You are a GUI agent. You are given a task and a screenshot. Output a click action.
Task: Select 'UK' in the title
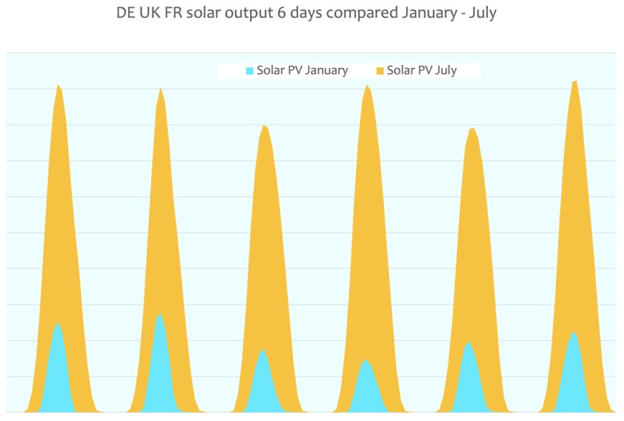(150, 14)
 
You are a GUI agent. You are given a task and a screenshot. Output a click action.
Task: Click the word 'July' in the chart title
(482, 14)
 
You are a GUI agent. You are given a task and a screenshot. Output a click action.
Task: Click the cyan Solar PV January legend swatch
(250, 71)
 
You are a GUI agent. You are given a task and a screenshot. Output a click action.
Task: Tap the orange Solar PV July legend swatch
(380, 71)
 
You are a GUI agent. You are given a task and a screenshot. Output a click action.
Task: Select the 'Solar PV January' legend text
(302, 71)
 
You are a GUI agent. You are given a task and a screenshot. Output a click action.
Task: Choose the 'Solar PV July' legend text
(422, 71)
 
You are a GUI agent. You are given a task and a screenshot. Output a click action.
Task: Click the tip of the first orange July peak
(57, 85)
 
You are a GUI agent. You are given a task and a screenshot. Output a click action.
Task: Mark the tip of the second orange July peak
(160, 89)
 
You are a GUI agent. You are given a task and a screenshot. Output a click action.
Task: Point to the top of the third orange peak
(264, 126)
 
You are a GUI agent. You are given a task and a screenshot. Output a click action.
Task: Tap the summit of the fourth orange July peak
(367, 86)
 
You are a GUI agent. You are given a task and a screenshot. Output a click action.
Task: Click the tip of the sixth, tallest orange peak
(575, 81)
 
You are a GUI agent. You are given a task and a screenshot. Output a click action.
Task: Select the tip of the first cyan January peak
(57, 323)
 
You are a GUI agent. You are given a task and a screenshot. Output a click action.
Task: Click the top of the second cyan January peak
(160, 314)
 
